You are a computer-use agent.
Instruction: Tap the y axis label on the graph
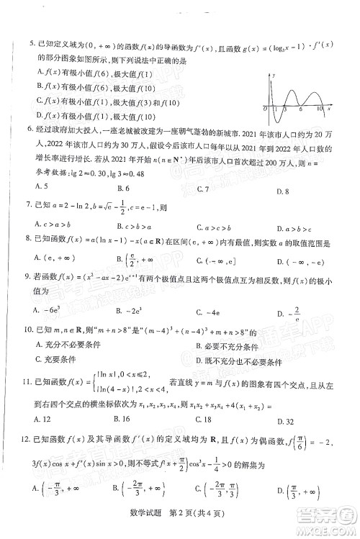click(274, 75)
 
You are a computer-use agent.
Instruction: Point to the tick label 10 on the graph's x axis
click(320, 109)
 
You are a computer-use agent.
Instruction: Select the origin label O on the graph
click(265, 109)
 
